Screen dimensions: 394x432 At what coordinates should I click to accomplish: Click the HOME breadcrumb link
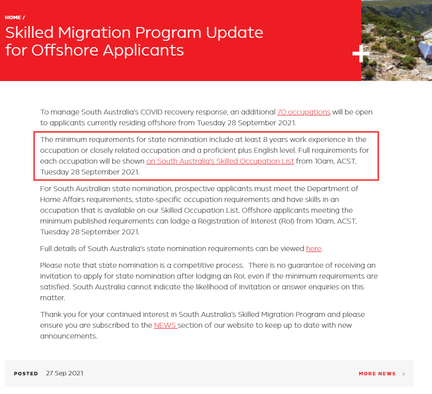pyautogui.click(x=13, y=18)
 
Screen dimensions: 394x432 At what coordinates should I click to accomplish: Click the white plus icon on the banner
pyautogui.click(x=361, y=54)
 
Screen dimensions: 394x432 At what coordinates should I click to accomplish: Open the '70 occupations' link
pyautogui.click(x=303, y=112)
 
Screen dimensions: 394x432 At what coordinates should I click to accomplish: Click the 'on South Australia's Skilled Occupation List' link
pyautogui.click(x=220, y=161)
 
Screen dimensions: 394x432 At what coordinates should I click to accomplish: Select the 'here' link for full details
pyautogui.click(x=313, y=249)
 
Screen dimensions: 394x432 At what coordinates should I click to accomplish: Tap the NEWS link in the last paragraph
pyautogui.click(x=165, y=325)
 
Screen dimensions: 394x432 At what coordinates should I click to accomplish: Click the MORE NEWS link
pyautogui.click(x=377, y=374)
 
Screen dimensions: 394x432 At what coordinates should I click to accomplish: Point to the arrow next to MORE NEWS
pyautogui.click(x=404, y=374)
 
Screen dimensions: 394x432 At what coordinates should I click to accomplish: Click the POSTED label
pyautogui.click(x=26, y=373)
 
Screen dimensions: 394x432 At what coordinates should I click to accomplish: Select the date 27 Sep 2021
pyautogui.click(x=64, y=373)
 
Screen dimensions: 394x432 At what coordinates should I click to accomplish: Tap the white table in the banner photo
pyautogui.click(x=424, y=49)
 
